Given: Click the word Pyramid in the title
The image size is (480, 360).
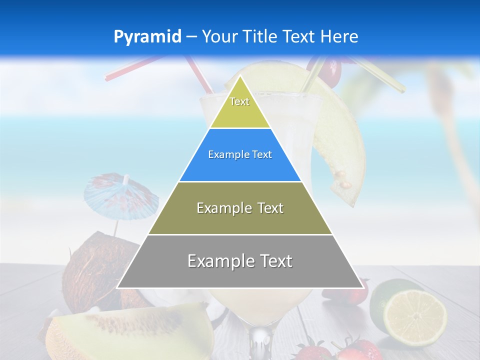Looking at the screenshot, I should point(147,37).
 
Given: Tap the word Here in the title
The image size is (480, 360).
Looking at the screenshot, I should point(339,37).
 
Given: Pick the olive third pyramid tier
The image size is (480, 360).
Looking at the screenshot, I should point(240,220).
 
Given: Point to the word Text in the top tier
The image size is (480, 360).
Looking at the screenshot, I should point(239,101).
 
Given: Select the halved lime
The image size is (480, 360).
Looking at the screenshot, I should point(414,311).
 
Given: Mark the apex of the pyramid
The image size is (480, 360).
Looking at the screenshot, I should point(240,76).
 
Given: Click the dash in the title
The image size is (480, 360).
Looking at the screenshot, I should point(191,37).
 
